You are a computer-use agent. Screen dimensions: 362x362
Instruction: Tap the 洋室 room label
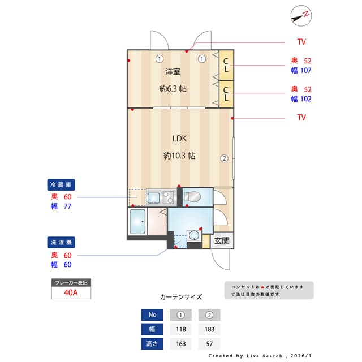(x=173, y=71)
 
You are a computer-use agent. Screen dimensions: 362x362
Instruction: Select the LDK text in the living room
(x=179, y=138)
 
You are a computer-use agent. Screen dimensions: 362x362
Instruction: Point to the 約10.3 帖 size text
(x=179, y=156)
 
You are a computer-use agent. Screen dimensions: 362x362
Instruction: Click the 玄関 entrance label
(x=222, y=240)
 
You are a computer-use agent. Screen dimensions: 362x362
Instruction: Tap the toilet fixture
(x=192, y=197)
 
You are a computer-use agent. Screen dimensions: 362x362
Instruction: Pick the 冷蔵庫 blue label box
(x=61, y=185)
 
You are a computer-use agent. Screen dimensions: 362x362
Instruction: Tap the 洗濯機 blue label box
(x=61, y=242)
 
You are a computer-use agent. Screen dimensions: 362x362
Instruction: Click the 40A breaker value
(x=71, y=293)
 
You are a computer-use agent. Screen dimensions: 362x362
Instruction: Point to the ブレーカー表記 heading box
(x=71, y=282)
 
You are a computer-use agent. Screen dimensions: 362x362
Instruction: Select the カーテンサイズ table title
(x=181, y=296)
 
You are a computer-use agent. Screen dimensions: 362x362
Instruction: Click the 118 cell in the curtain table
(x=180, y=329)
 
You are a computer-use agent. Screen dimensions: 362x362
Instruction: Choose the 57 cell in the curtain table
(x=209, y=343)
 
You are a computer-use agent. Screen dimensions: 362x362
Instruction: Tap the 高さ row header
(x=151, y=343)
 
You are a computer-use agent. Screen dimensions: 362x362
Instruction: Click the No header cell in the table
(x=151, y=315)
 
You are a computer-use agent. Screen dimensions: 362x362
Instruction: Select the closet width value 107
(x=306, y=71)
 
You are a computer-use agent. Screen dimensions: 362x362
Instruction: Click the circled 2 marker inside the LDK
(x=224, y=158)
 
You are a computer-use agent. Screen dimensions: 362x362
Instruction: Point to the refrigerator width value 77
(x=67, y=206)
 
